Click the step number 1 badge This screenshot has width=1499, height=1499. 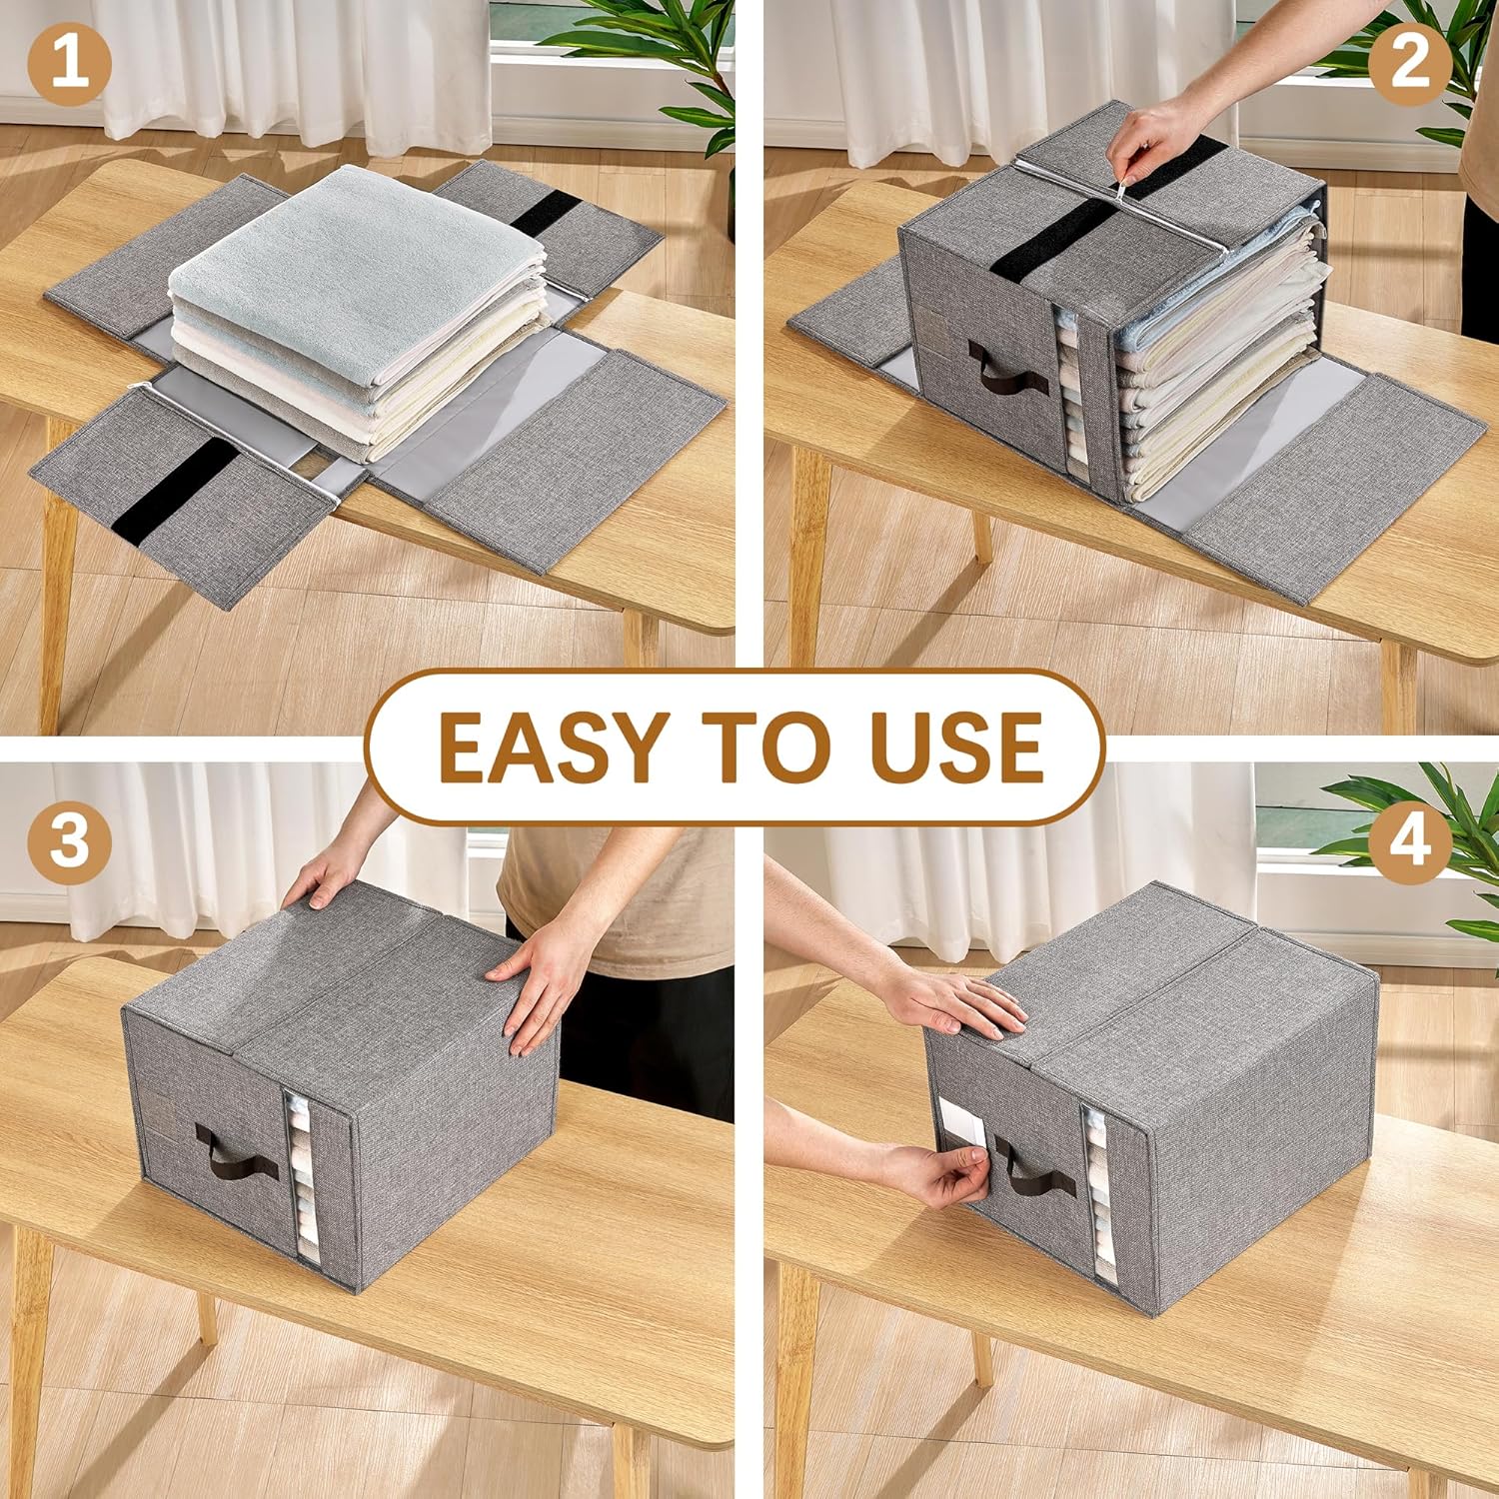[x=69, y=63]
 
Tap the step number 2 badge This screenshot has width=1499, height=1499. [x=1409, y=63]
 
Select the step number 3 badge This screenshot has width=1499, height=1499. [x=69, y=840]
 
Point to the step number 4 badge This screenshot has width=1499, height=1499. [x=1409, y=840]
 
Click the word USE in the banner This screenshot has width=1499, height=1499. [x=956, y=748]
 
